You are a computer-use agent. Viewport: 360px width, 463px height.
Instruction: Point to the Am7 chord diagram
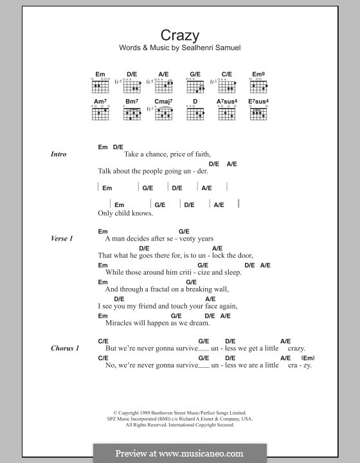100,113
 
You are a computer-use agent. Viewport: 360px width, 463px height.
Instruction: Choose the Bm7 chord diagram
132,113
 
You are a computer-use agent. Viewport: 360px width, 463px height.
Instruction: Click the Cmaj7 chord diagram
164,113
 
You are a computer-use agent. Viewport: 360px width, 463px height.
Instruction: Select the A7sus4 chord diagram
227,113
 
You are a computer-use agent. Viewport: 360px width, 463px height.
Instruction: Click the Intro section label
59,154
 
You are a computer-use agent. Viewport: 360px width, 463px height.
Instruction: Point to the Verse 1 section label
62,239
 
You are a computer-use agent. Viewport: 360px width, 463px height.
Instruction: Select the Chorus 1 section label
65,349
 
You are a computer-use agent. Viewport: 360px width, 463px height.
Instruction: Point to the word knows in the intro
143,213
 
